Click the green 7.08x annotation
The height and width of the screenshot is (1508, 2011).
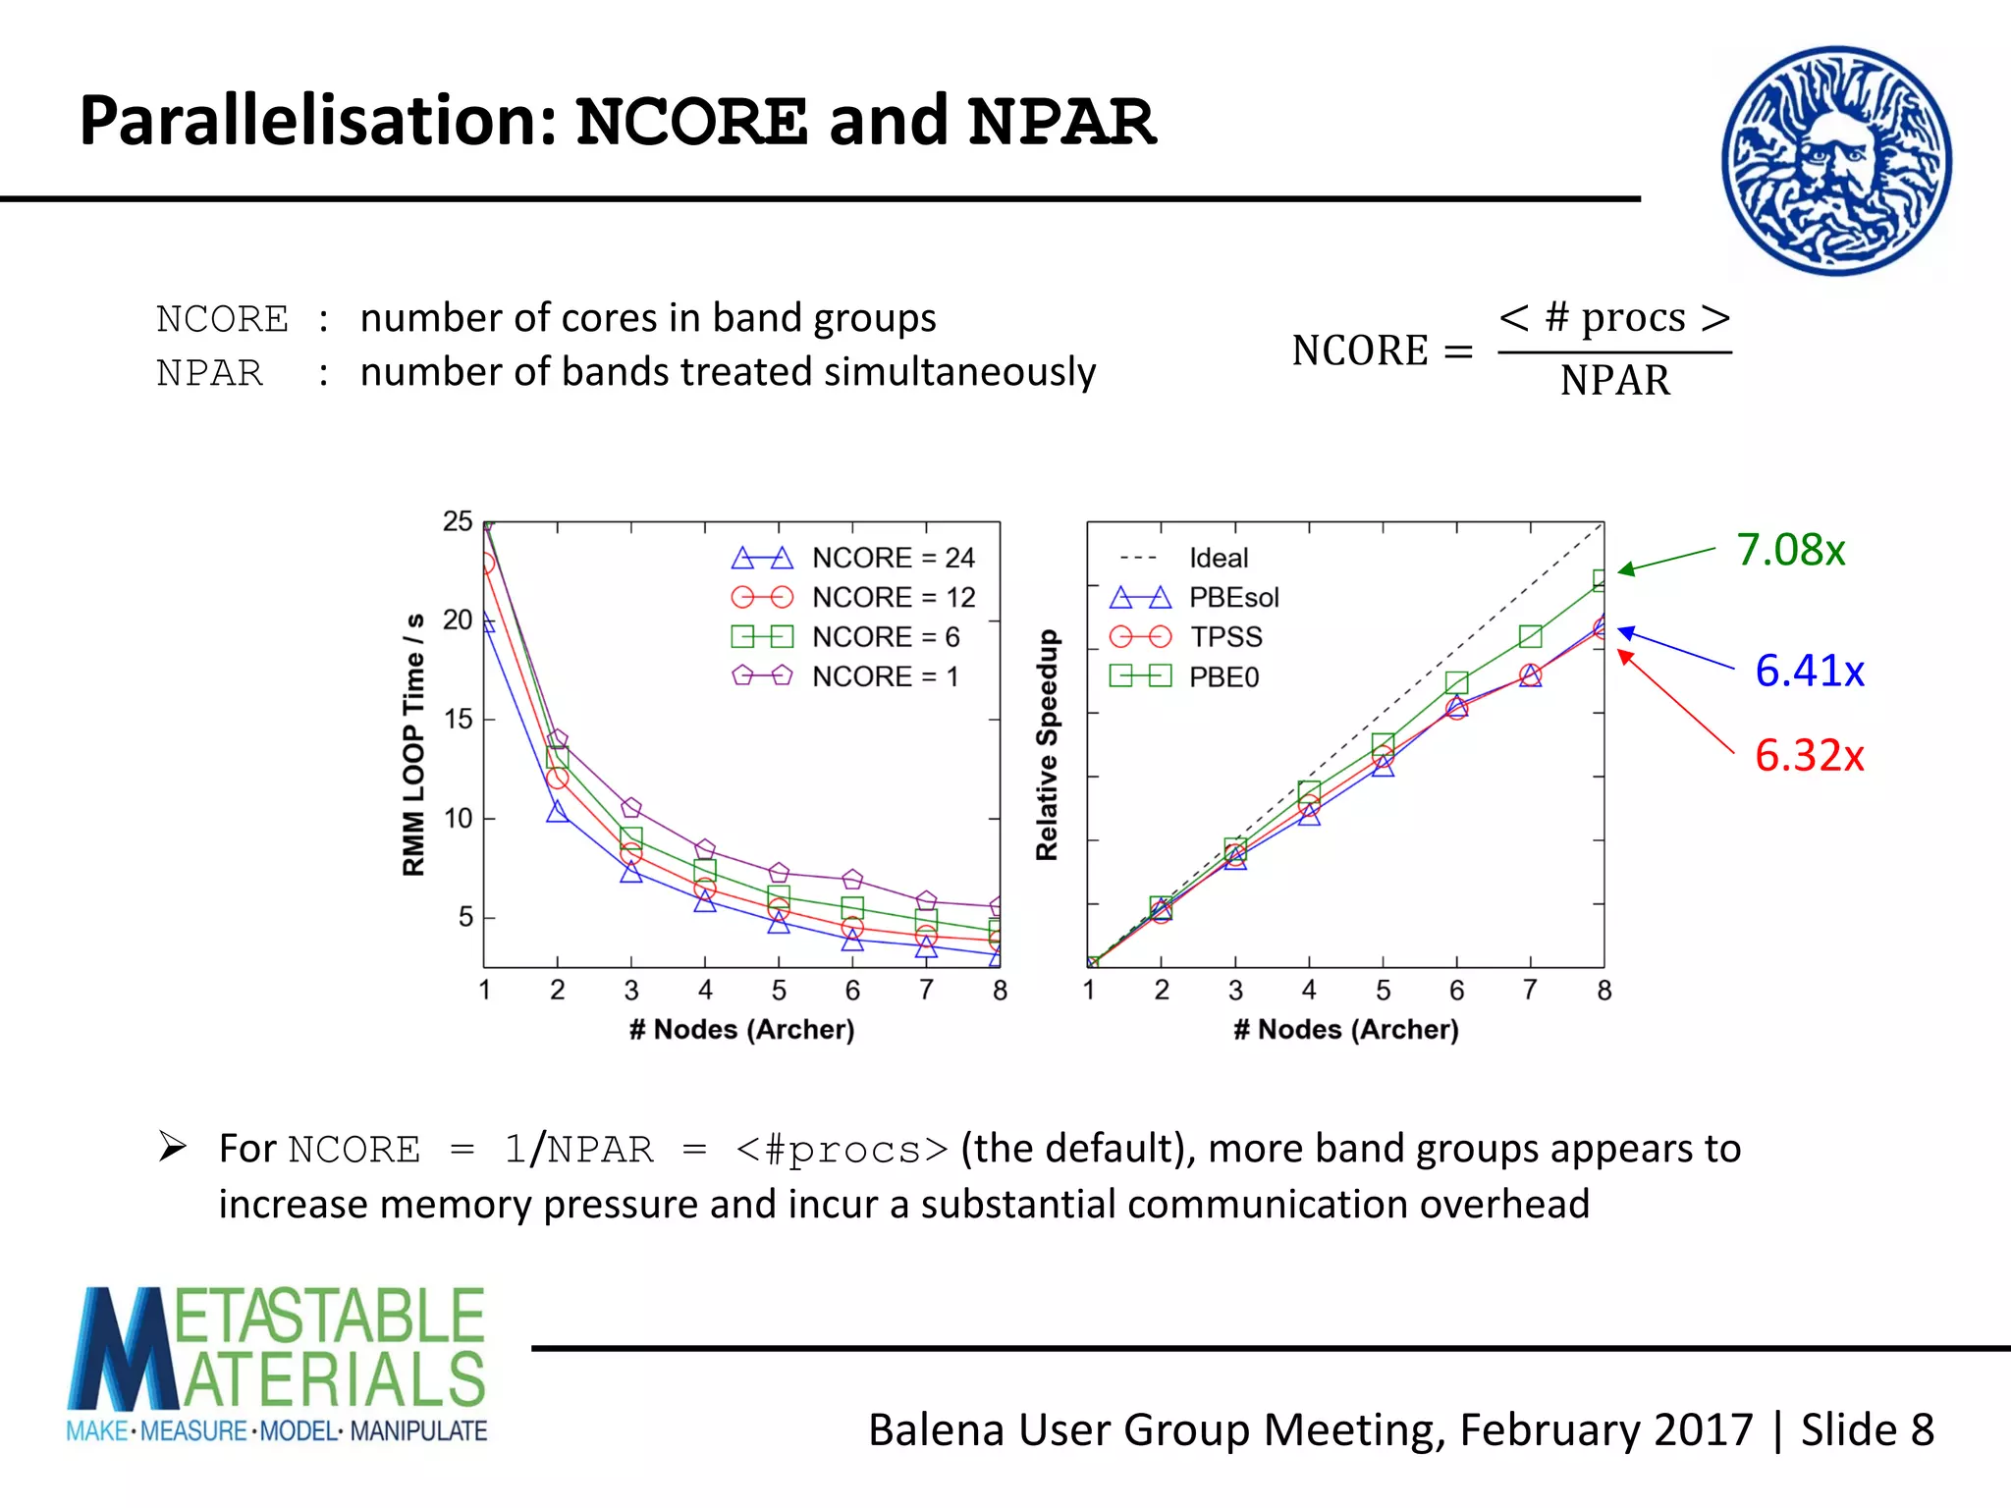tap(1790, 550)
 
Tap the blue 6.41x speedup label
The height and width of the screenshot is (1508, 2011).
tap(1809, 672)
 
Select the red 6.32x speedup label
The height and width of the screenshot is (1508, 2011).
tap(1809, 756)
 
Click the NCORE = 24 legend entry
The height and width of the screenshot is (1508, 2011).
tap(853, 558)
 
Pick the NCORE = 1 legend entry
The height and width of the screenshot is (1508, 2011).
tap(845, 676)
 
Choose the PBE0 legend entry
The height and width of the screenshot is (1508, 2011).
tap(1183, 676)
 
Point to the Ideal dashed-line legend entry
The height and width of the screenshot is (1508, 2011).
tap(1183, 558)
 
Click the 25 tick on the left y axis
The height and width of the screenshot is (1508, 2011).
tap(458, 521)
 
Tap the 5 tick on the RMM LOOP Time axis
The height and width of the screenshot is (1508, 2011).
tap(465, 917)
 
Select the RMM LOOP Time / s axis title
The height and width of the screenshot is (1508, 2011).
tap(413, 744)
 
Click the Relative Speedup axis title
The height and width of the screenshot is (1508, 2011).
tap(1047, 744)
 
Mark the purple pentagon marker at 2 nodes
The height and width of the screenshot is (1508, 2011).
tap(557, 739)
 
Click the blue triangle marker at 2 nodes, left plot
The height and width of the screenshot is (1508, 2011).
tap(557, 812)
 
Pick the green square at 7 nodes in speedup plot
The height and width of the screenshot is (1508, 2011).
tap(1530, 636)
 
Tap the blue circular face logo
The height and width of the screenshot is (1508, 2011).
tap(1835, 161)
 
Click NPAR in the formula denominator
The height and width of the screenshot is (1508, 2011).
tap(1614, 381)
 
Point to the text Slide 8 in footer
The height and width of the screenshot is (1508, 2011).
tap(1867, 1429)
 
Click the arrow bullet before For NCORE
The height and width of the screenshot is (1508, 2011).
tap(173, 1146)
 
